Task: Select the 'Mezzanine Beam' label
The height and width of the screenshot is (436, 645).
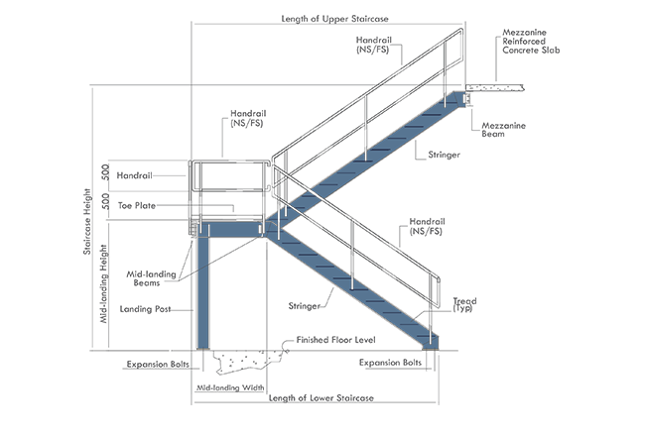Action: click(509, 130)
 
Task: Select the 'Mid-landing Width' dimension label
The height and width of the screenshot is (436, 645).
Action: click(229, 387)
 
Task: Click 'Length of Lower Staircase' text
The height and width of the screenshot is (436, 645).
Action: click(316, 397)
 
